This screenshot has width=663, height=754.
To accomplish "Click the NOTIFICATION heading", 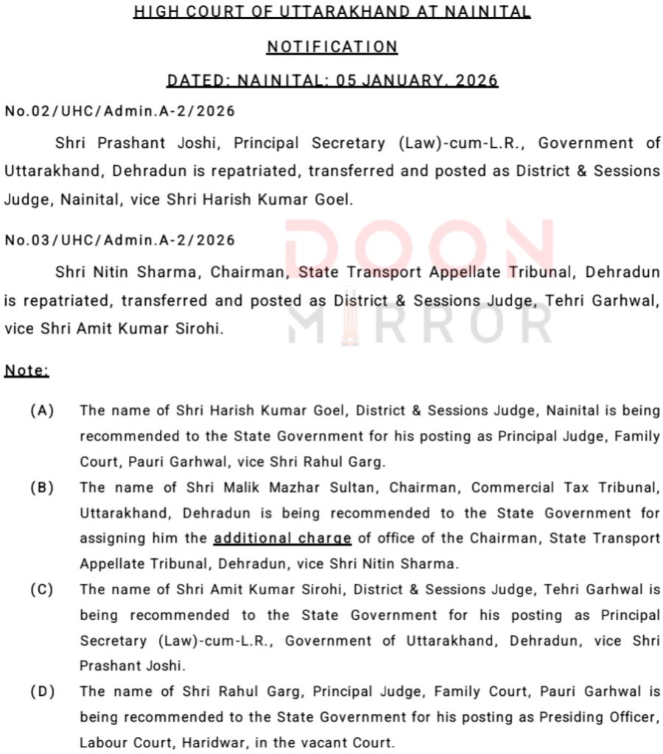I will tap(331, 46).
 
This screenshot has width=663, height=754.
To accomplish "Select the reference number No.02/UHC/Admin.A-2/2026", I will tap(119, 111).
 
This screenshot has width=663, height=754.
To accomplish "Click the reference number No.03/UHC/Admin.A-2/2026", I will tap(119, 240).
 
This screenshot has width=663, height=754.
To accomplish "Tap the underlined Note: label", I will tap(27, 370).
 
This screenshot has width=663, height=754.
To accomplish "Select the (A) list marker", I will tap(43, 410).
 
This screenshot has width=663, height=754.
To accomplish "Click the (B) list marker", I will tap(43, 487).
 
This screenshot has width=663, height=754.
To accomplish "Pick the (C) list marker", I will tap(43, 589).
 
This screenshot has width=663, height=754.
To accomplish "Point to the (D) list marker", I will tap(43, 691).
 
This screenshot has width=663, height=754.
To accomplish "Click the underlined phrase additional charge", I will tap(282, 538).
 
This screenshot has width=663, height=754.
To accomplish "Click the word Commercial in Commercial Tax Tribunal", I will tap(511, 487).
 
